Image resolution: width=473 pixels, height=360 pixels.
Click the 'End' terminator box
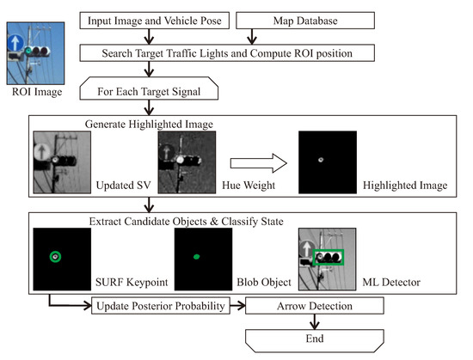[315, 339]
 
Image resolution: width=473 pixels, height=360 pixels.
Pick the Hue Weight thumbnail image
[187, 160]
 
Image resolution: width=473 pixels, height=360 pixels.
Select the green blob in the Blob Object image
[195, 256]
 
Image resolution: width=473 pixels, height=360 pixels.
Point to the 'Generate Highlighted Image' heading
[140, 122]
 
